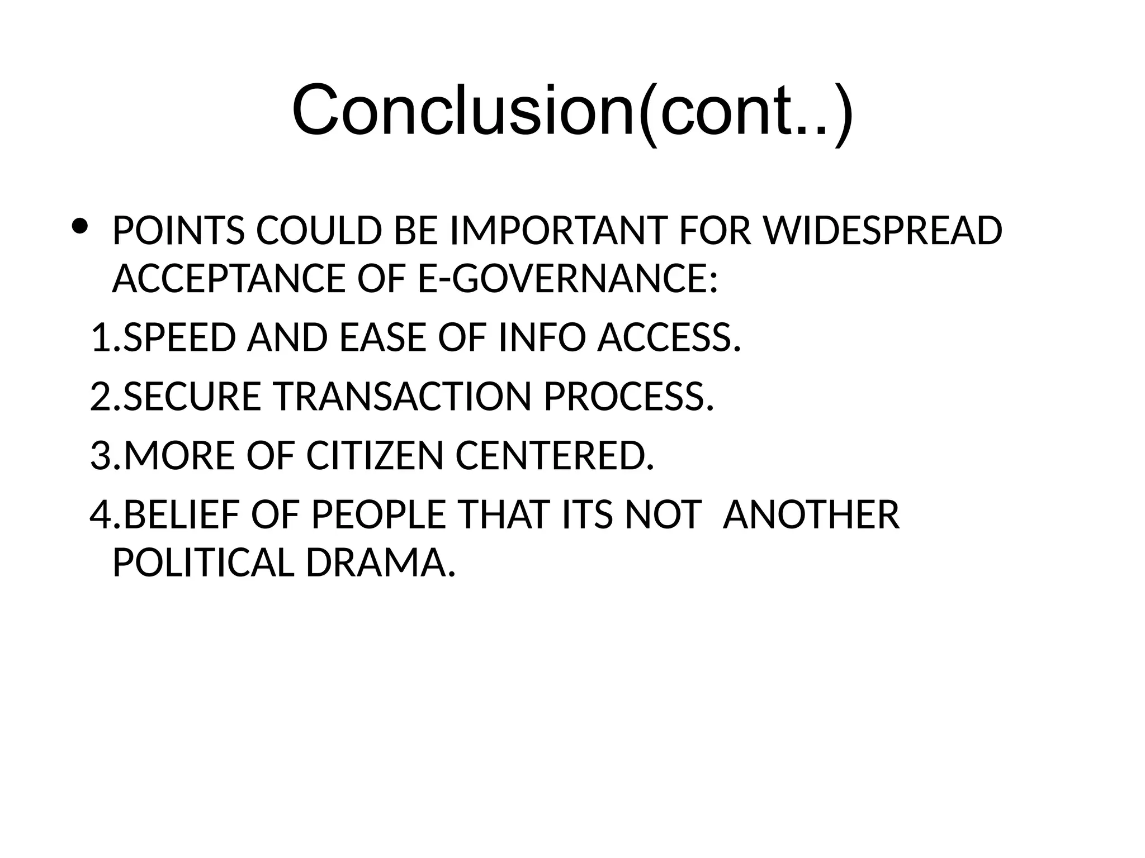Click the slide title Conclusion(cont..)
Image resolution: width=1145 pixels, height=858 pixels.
click(x=572, y=110)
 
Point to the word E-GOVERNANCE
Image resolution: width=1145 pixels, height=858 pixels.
click(x=567, y=278)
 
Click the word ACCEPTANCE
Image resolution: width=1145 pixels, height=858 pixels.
click(x=229, y=278)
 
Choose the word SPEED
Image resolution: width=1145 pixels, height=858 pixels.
click(x=179, y=338)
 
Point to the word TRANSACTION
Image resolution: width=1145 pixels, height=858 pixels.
click(x=401, y=397)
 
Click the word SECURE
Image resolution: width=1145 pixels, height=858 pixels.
click(x=192, y=397)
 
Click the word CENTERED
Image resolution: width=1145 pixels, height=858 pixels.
click(x=555, y=455)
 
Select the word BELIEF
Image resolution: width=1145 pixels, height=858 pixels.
click(x=181, y=514)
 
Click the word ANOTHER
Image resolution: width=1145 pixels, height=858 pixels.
click(x=811, y=514)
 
